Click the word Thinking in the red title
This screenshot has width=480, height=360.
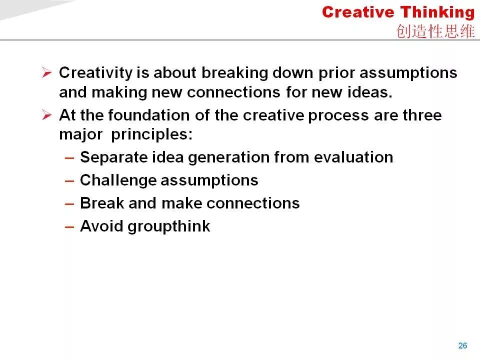pyautogui.click(x=438, y=13)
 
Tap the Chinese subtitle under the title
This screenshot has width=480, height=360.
pyautogui.click(x=435, y=31)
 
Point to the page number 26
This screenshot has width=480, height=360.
pyautogui.click(x=462, y=345)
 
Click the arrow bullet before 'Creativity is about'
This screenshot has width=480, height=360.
pyautogui.click(x=47, y=72)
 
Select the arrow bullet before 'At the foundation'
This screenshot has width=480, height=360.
pyautogui.click(x=47, y=115)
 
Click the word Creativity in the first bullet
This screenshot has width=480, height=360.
pyautogui.click(x=96, y=73)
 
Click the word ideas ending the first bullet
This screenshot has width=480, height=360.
pyautogui.click(x=370, y=92)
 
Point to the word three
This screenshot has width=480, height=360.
pyautogui.click(x=422, y=115)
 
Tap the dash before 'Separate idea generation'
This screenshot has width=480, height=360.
pyautogui.click(x=69, y=158)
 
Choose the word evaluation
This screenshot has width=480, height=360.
pyautogui.click(x=353, y=157)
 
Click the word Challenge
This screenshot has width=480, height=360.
pyautogui.click(x=118, y=180)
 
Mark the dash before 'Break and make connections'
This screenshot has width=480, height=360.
pyautogui.click(x=69, y=204)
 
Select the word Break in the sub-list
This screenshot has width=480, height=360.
pyautogui.click(x=102, y=203)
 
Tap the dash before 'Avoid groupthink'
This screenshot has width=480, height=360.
pyautogui.click(x=69, y=227)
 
